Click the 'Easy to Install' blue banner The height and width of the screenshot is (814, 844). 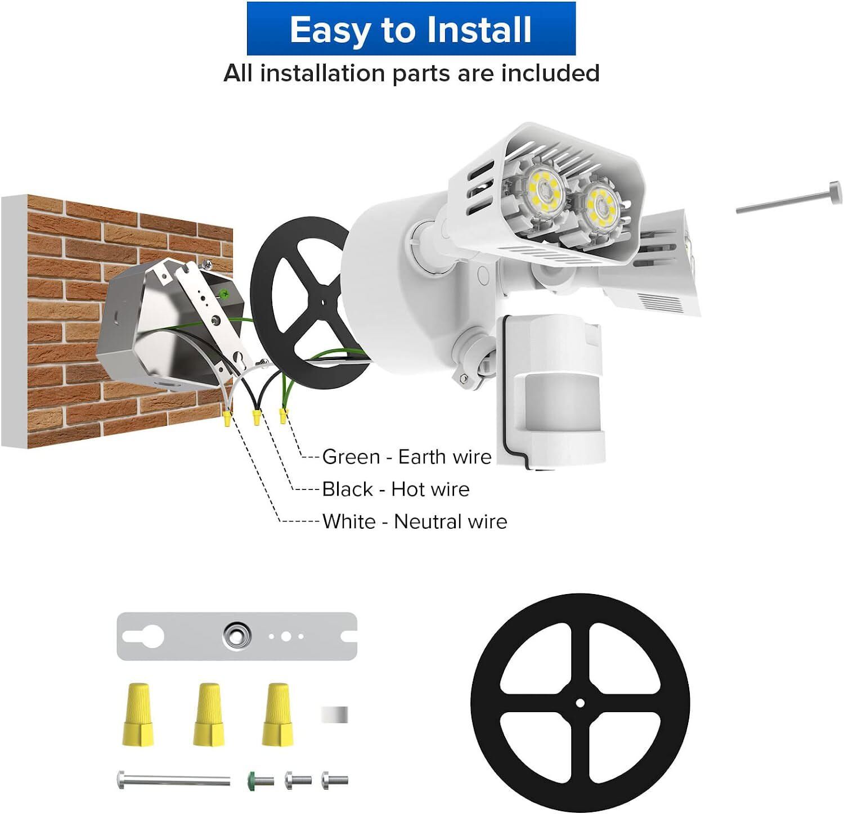click(x=411, y=29)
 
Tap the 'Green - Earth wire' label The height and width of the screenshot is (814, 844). click(x=406, y=457)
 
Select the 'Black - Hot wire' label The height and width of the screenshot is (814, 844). click(x=396, y=489)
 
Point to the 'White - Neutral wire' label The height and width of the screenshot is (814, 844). click(x=415, y=521)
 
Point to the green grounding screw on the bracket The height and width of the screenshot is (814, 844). click(x=225, y=293)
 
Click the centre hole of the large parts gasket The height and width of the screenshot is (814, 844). click(x=580, y=703)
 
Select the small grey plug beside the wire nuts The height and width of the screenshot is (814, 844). click(x=334, y=714)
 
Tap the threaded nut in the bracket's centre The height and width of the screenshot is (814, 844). click(x=236, y=636)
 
